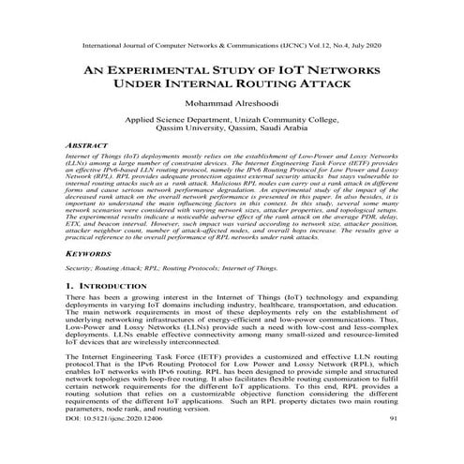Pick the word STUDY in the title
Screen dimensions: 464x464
point(240,70)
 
